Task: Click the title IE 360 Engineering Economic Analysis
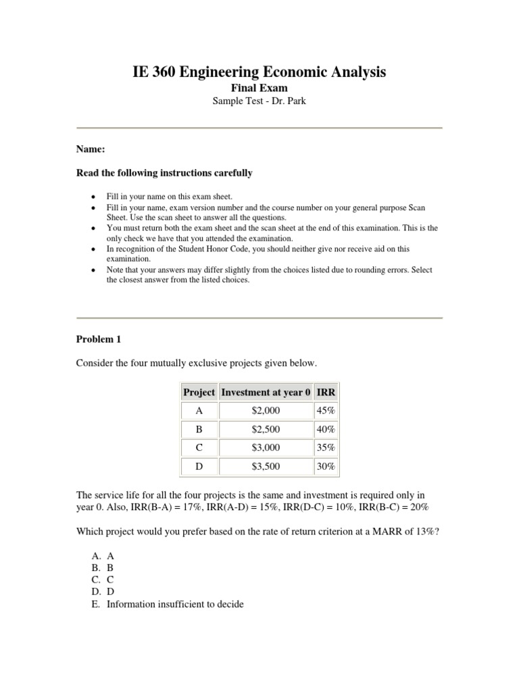(259, 72)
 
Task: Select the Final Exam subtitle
(259, 88)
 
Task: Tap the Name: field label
(90, 149)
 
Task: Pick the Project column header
(199, 392)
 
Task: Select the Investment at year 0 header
(266, 392)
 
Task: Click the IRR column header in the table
(326, 392)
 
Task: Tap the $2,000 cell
(266, 410)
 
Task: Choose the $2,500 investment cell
(266, 429)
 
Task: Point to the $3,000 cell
(266, 447)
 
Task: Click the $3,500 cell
(266, 466)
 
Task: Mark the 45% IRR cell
(326, 410)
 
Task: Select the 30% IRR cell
(326, 466)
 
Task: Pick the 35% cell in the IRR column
(326, 447)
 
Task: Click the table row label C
(199, 447)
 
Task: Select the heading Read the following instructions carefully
(164, 173)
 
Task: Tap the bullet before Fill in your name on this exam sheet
(92, 195)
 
